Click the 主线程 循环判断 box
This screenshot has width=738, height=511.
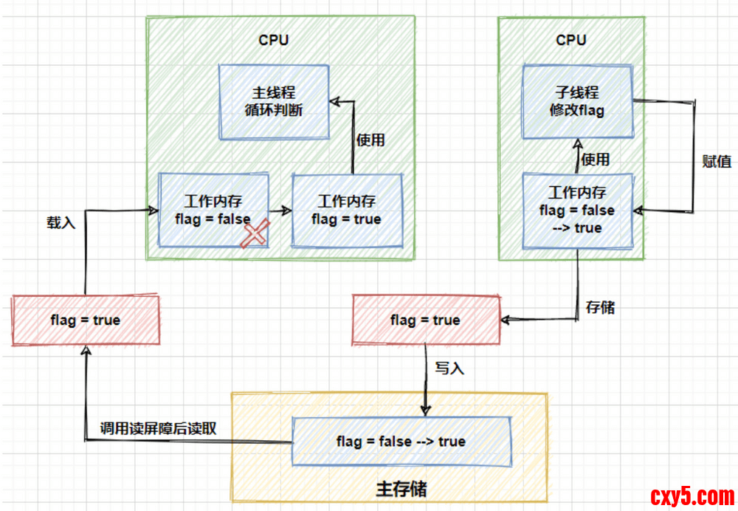[x=274, y=102]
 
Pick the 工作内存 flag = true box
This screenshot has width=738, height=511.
[x=347, y=210]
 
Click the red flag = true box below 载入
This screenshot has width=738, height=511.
[x=86, y=320]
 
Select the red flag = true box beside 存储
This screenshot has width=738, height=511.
[x=425, y=320]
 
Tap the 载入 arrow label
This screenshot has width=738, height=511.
[x=61, y=221]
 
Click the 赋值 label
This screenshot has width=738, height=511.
[x=717, y=161]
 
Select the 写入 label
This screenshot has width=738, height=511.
[x=449, y=368]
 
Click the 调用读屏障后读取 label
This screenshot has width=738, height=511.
[x=158, y=429]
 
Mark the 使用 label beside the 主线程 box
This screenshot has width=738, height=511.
[x=370, y=139]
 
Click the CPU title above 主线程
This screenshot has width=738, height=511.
[x=273, y=40]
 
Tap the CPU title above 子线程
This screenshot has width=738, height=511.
[x=570, y=40]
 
